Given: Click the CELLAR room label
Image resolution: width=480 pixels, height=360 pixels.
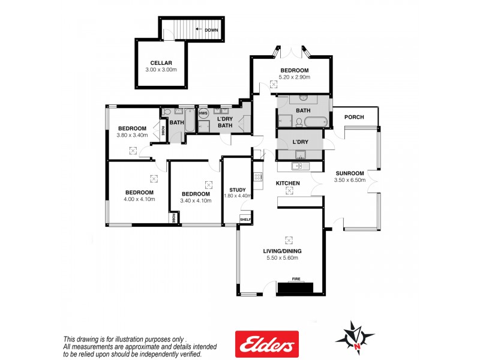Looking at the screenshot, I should coord(161,62).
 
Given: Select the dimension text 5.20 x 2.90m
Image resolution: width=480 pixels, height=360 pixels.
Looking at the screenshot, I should coord(294,78).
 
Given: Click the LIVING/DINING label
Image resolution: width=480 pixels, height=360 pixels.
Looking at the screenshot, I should coord(282,251).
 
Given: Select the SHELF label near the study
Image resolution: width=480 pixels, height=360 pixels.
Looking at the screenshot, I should coord(245,220).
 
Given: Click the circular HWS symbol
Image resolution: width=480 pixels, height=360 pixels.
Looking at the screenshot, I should coord(203,113).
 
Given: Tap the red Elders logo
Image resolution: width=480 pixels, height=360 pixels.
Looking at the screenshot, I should coord(267,344).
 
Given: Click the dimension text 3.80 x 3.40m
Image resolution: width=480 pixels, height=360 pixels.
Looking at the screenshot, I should coord(132,136).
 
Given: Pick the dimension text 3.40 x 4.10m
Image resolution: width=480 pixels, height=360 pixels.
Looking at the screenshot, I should coord(196,201).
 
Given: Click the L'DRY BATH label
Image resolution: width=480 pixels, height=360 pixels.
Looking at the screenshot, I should coord(224,122).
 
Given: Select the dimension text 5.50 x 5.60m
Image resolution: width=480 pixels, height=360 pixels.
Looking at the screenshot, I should coord(282,258).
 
